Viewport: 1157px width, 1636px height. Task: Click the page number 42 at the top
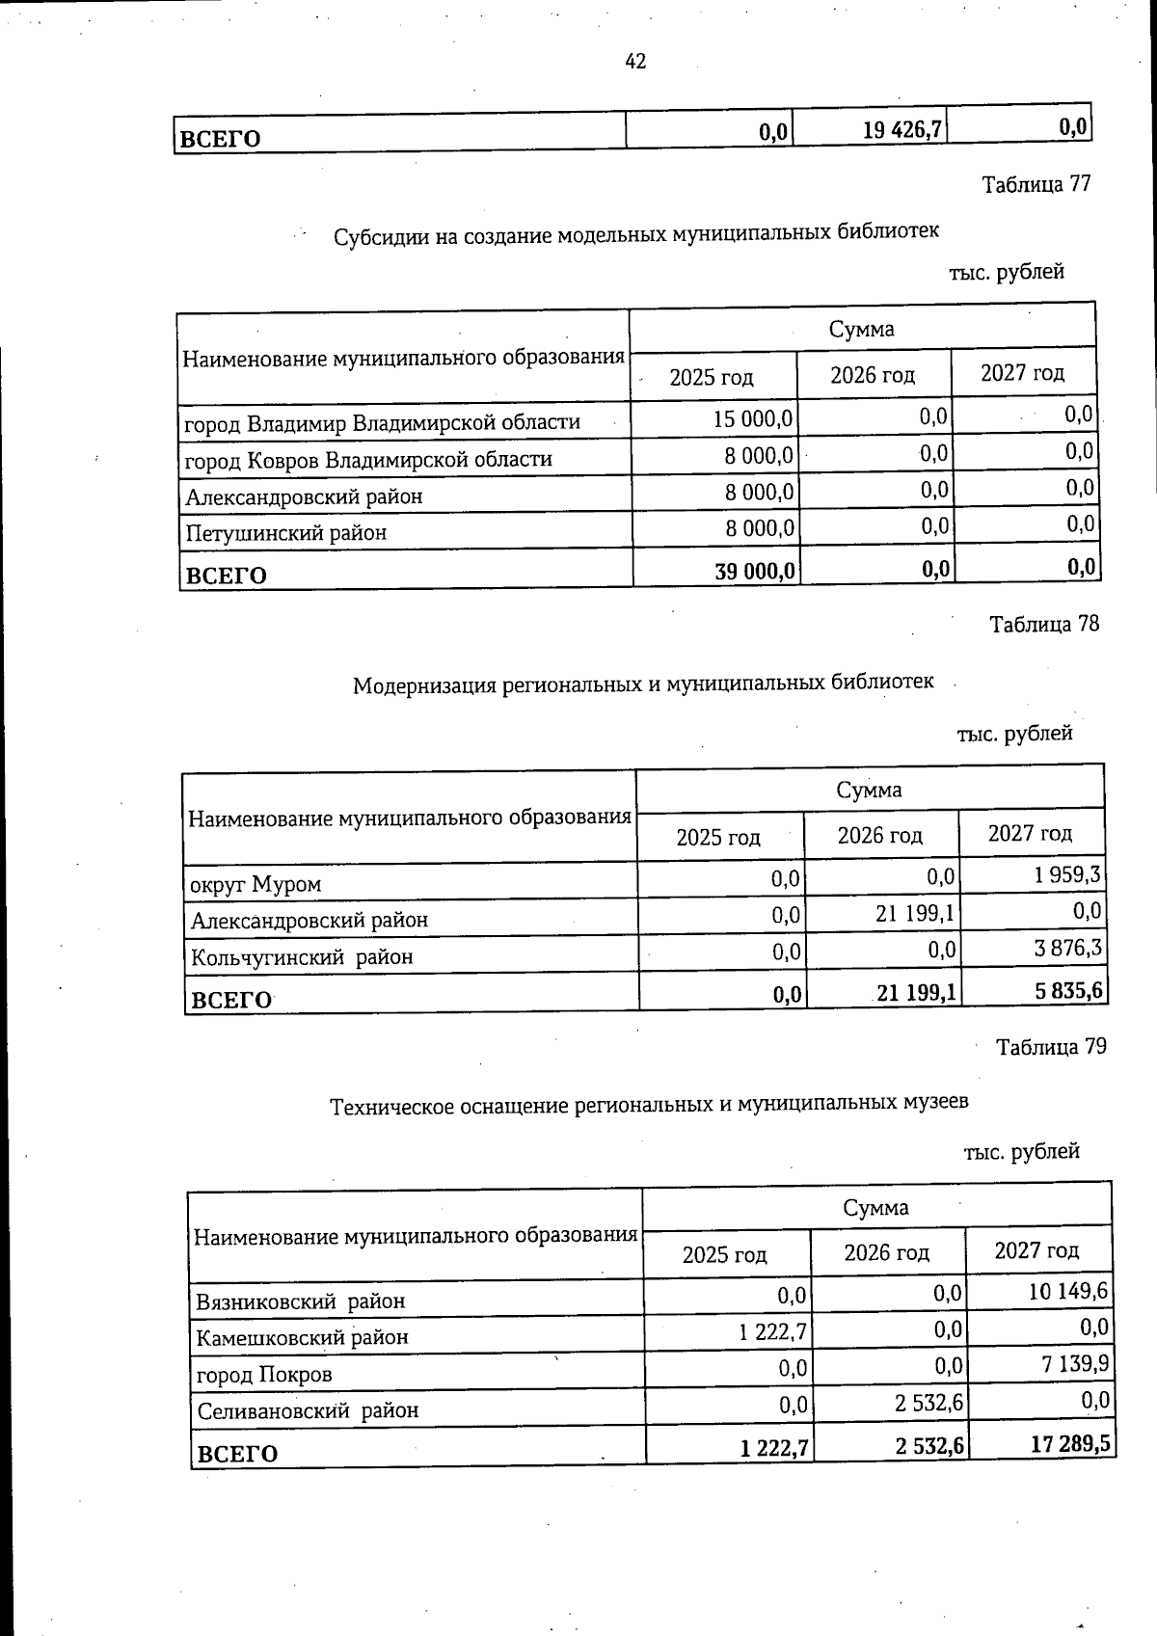pos(635,62)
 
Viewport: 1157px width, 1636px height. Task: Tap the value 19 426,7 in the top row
pos(902,129)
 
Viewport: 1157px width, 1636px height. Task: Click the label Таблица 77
pos(1036,184)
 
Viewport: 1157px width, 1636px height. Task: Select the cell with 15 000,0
pos(753,419)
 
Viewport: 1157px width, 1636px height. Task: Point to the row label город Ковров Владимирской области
pos(368,459)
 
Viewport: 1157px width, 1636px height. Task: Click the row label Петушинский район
pos(286,532)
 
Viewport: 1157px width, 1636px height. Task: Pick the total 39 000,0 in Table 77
pos(754,572)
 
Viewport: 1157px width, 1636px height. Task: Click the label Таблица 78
pos(1044,625)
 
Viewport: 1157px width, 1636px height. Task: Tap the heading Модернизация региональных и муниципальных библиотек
pos(643,684)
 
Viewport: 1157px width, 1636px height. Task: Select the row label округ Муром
pos(256,884)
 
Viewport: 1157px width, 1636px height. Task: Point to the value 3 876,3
pos(1067,949)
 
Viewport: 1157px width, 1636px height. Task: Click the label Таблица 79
pos(1051,1047)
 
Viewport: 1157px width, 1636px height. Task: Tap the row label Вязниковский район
pos(301,1301)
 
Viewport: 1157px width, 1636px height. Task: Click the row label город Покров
pos(264,1375)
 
